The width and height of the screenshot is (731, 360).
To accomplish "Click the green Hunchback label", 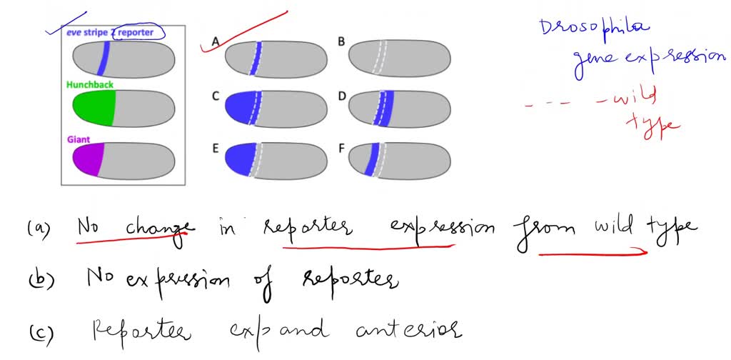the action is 89,84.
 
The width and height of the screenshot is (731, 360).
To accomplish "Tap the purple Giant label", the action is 78,139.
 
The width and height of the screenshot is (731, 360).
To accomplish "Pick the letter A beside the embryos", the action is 215,43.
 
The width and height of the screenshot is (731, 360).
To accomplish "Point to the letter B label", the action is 341,42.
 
